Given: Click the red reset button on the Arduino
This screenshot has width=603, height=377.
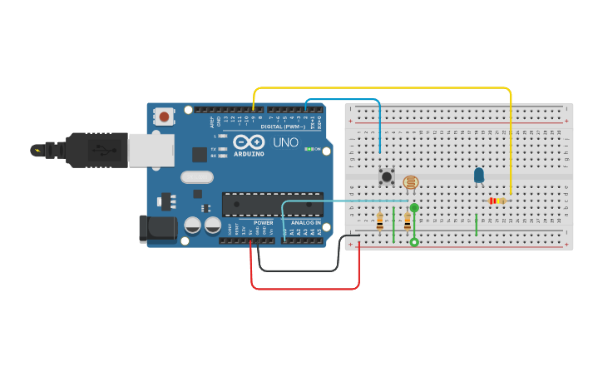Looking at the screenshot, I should tap(165, 116).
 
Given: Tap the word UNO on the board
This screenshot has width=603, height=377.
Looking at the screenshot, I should tap(285, 142).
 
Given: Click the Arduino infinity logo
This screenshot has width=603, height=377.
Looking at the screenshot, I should tap(249, 141).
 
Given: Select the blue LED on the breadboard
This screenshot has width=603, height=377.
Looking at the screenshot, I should tap(478, 175).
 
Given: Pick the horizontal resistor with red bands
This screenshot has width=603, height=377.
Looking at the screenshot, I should tap(497, 201).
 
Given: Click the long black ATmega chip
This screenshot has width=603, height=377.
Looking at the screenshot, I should tap(272, 204).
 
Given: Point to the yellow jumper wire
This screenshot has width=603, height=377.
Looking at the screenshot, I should tap(383, 87).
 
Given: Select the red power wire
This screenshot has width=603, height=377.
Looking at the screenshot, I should tap(304, 289).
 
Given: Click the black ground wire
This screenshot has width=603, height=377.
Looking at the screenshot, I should tap(298, 270).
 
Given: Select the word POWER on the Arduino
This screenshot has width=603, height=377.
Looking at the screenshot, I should tap(263, 223).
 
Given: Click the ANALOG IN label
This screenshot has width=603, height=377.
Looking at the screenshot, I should tap(305, 223).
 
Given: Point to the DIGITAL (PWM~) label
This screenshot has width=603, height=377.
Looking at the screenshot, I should tap(282, 126).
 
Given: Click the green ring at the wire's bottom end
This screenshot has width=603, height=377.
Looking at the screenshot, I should tap(414, 242).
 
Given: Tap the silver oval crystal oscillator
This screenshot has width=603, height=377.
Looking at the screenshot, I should tap(197, 176).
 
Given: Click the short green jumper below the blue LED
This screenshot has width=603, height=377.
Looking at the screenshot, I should tap(476, 225).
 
